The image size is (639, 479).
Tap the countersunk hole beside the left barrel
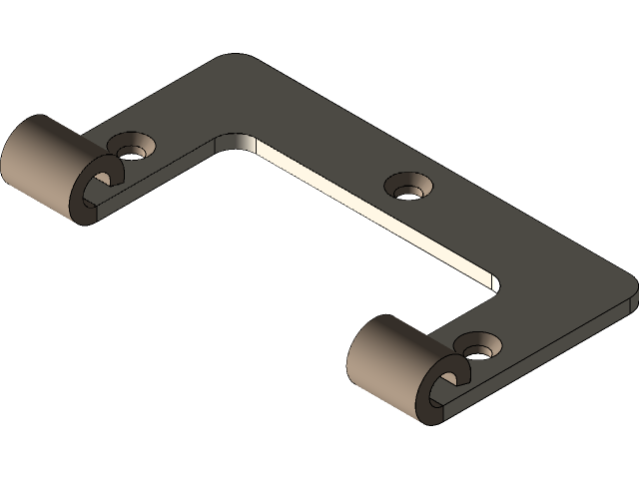pyautogui.click(x=130, y=150)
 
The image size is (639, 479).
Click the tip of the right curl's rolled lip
pyautogui.click(x=461, y=374)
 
